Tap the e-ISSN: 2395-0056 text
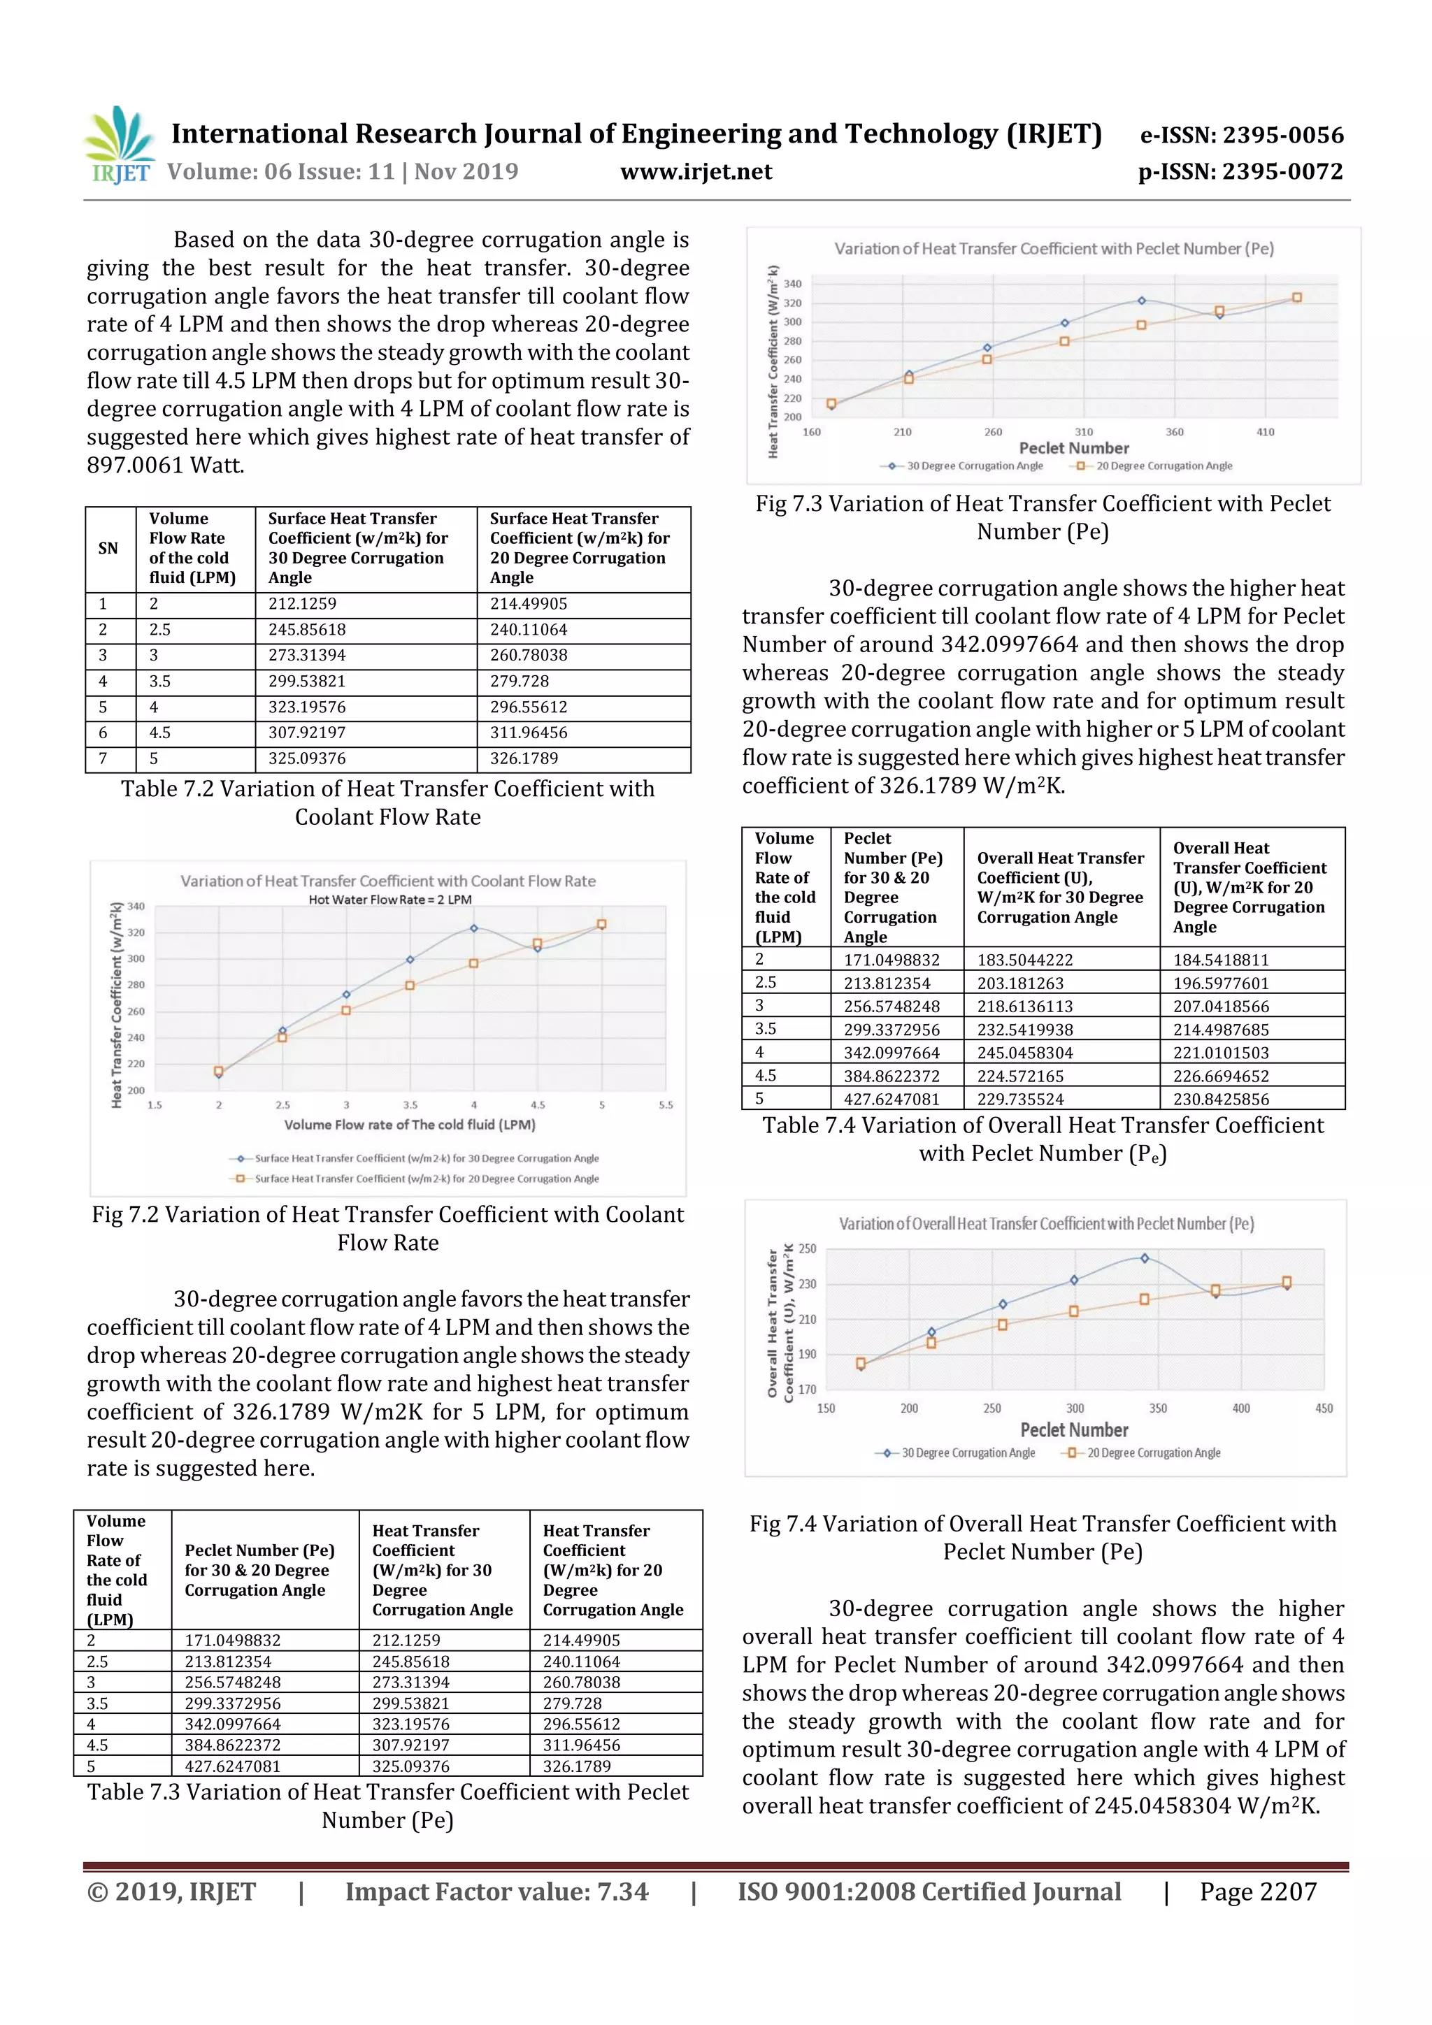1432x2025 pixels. (x=1241, y=135)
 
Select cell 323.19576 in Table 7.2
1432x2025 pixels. (x=307, y=707)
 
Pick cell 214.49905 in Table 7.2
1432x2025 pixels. (x=529, y=604)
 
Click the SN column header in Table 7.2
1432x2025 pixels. (x=108, y=549)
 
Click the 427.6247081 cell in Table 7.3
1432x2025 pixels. (x=232, y=1766)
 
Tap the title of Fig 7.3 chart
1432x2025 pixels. (x=1054, y=249)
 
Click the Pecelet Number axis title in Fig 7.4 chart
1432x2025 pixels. (x=1074, y=1429)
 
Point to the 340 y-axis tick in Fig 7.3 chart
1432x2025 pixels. (x=792, y=284)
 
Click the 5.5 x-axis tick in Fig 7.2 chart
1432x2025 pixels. (x=665, y=1105)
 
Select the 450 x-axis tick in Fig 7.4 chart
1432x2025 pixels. (x=1324, y=1408)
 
